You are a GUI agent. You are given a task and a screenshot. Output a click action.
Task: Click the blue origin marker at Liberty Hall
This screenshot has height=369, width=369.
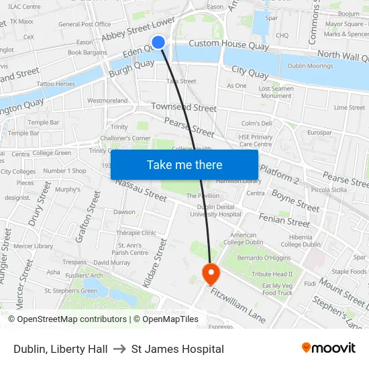pos(158,42)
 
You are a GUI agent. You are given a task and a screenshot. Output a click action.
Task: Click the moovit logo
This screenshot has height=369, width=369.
pos(329,348)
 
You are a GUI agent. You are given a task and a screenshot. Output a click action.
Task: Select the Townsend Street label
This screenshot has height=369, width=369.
pos(184,107)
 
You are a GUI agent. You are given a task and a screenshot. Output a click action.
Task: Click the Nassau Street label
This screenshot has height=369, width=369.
pos(140,191)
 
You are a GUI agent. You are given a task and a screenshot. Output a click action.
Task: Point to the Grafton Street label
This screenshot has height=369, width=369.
pos(89,217)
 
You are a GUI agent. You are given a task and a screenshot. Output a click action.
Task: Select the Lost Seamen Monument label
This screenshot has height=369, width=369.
pos(275,92)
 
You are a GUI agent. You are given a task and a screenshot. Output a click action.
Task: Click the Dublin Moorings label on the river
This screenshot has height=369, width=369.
pos(311,66)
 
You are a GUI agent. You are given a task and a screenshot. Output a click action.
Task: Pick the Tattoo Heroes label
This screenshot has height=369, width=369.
pos(56,84)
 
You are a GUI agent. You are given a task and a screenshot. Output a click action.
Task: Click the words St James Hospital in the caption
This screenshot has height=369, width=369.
pos(178,349)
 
